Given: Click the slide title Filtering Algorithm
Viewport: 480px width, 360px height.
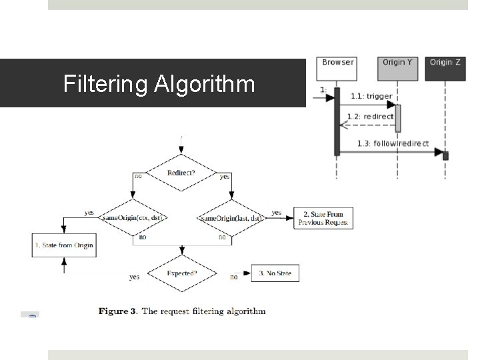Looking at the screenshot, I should pyautogui.click(x=159, y=84).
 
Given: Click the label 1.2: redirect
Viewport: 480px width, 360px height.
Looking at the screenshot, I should pyautogui.click(x=370, y=117).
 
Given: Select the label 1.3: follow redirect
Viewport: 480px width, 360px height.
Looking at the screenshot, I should pyautogui.click(x=393, y=144).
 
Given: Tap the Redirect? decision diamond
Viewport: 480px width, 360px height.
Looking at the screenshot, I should pyautogui.click(x=181, y=173).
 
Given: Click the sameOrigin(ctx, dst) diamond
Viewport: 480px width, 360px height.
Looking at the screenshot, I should pyautogui.click(x=133, y=217).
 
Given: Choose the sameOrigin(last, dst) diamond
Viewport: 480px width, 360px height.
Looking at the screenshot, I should pyautogui.click(x=231, y=217).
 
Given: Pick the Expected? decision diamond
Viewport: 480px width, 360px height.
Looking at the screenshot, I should pyautogui.click(x=181, y=273).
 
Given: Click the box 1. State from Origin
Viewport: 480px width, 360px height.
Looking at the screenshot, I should pyautogui.click(x=63, y=245).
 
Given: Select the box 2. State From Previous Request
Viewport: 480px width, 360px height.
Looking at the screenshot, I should pyautogui.click(x=323, y=218).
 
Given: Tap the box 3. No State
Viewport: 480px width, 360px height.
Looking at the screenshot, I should pyautogui.click(x=275, y=273).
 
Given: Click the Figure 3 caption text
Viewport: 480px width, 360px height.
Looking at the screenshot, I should pyautogui.click(x=182, y=311).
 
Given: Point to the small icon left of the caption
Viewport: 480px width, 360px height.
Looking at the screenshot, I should pyautogui.click(x=30, y=314).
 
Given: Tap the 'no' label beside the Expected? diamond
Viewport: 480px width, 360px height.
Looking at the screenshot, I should pyautogui.click(x=233, y=277).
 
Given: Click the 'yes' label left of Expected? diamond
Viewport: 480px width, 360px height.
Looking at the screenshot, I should pyautogui.click(x=135, y=277).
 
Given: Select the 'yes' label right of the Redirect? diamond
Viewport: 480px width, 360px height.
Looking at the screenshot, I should pyautogui.click(x=225, y=177).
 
